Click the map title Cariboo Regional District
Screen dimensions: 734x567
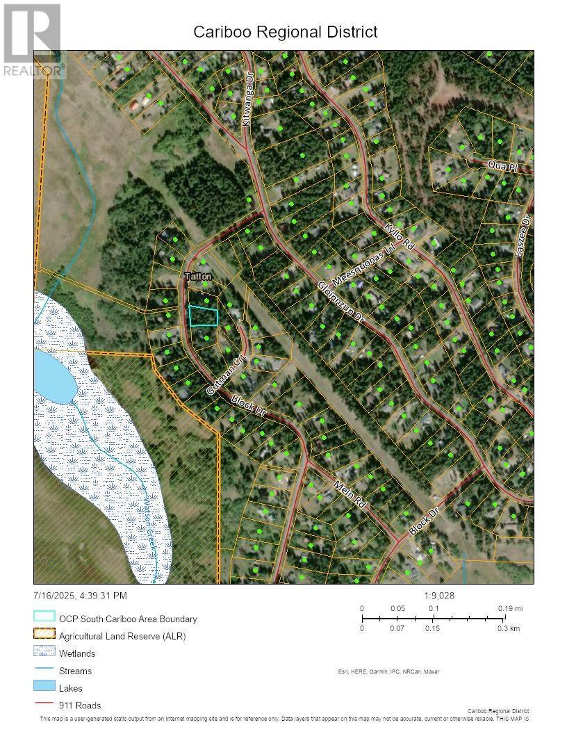285,32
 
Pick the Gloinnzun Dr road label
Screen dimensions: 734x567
341,301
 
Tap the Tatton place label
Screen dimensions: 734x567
197,277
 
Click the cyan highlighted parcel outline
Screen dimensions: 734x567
203,316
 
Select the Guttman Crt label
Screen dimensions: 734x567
222,377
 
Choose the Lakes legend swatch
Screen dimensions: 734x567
44,688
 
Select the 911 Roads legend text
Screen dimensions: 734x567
80,706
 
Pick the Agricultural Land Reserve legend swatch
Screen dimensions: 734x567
44,635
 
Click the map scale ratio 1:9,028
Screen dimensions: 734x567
439,596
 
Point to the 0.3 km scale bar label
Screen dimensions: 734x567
511,628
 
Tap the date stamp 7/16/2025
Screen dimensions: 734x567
55,596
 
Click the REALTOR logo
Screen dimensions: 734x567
33,40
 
